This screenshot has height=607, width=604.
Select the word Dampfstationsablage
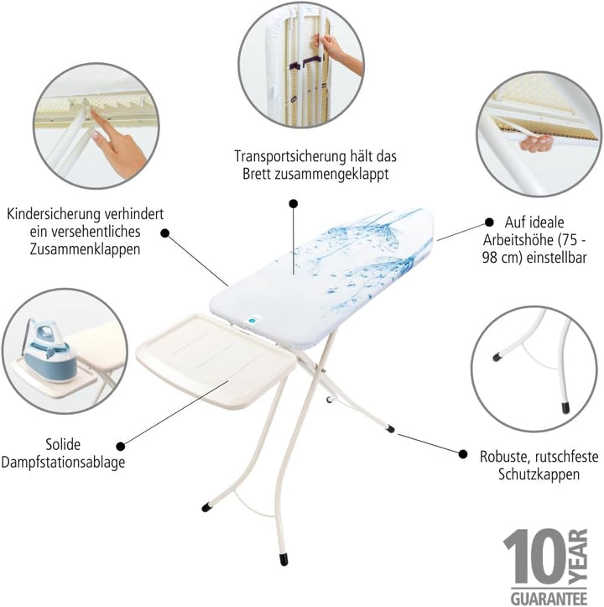[63, 463]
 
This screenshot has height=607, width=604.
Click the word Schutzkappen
[539, 474]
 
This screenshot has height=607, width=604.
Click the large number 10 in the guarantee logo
[535, 557]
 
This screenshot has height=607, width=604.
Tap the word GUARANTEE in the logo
[549, 598]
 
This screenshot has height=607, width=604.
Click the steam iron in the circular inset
[49, 351]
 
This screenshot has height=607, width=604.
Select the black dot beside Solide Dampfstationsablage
[121, 447]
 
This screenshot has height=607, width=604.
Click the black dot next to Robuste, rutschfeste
[463, 453]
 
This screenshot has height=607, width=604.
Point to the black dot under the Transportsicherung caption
[294, 203]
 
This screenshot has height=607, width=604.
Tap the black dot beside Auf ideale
[489, 222]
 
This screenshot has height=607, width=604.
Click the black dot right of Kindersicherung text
[165, 233]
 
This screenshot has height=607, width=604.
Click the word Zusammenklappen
[85, 249]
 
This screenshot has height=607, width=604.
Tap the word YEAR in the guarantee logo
[579, 557]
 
